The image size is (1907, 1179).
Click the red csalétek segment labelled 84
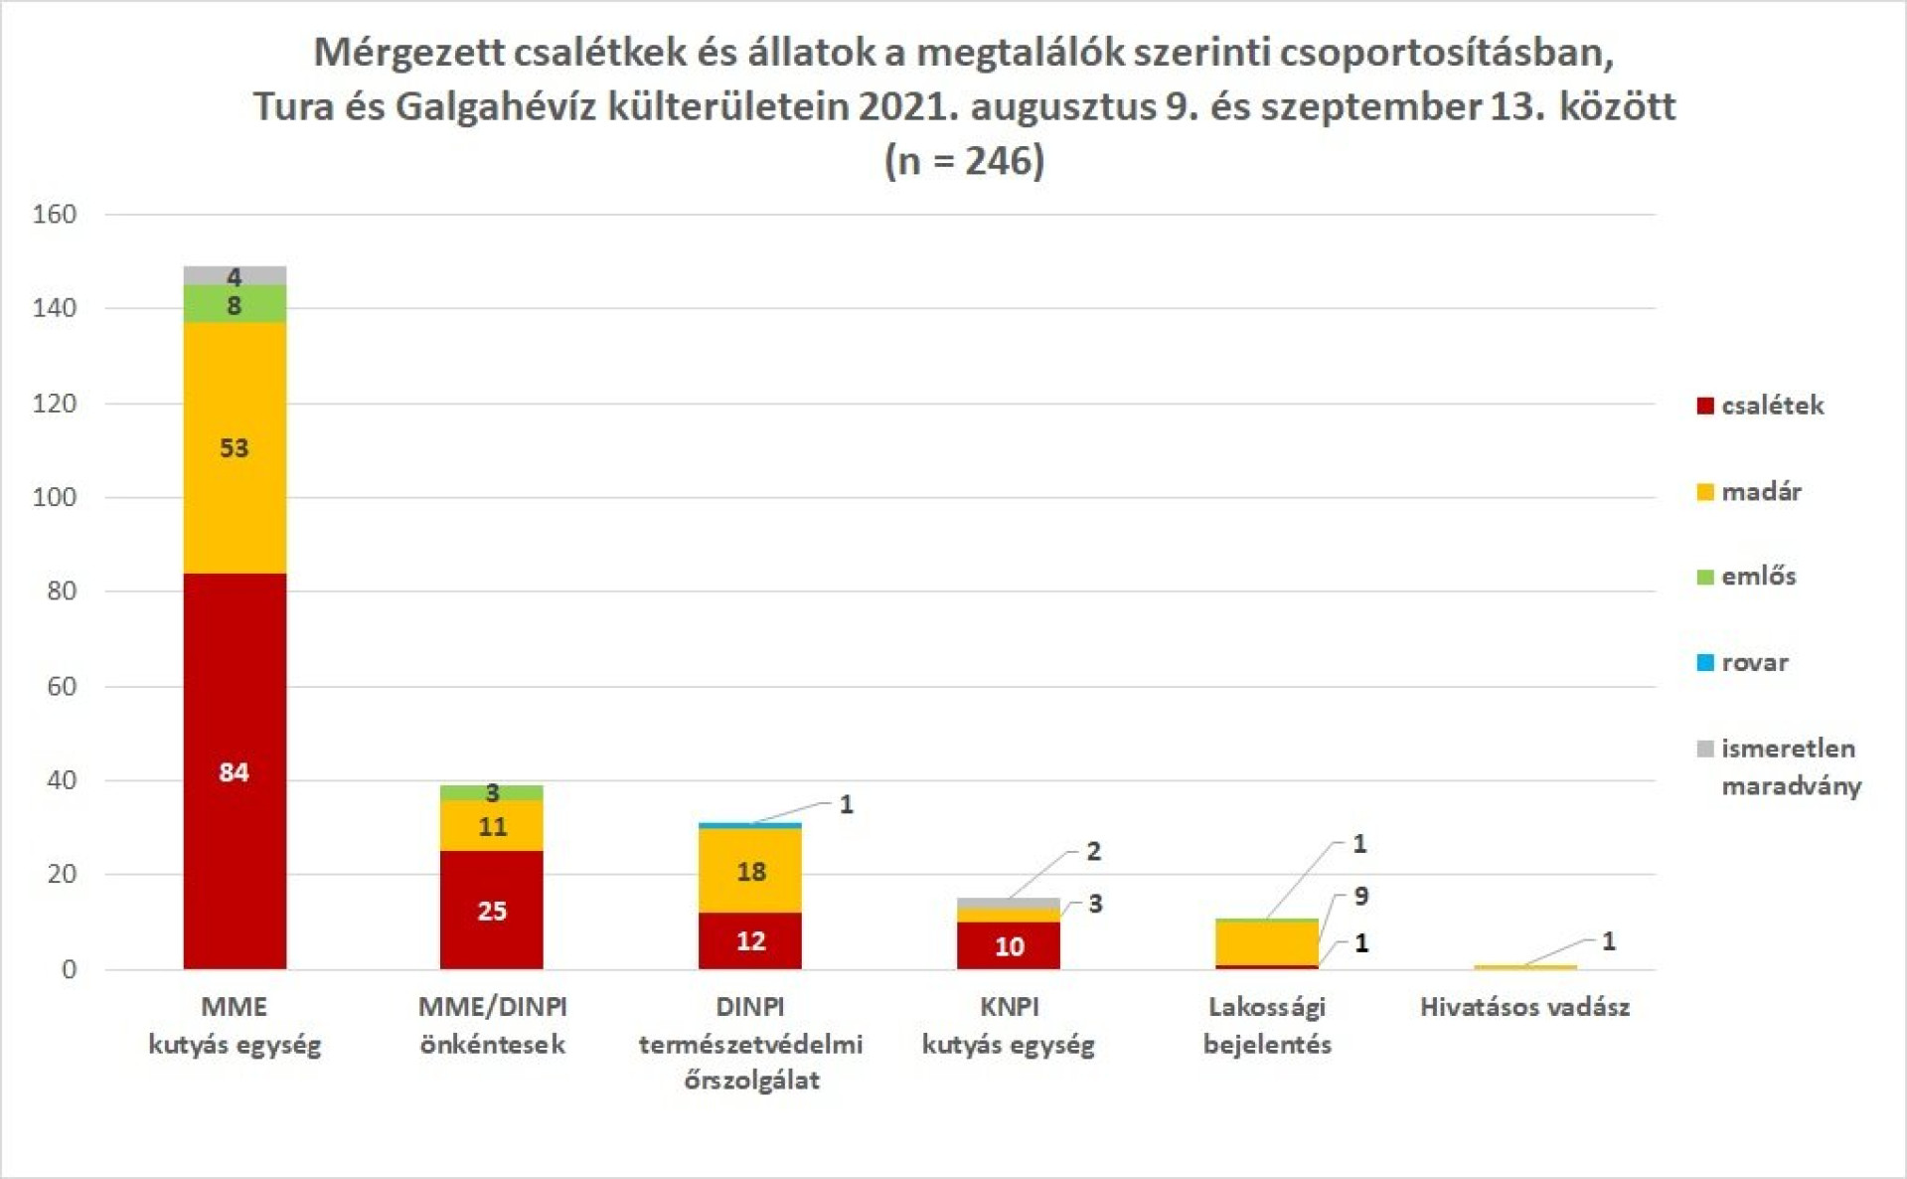pos(235,771)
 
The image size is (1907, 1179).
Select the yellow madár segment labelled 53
pos(235,447)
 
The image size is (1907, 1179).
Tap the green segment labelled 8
pos(235,304)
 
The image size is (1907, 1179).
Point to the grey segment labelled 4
pos(235,275)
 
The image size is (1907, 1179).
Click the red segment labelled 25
pos(492,910)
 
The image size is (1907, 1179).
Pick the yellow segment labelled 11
pos(492,826)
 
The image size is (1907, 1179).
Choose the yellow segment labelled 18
pos(750,871)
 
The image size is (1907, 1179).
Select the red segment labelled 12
pos(750,940)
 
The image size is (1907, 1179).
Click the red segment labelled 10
pos(1009,945)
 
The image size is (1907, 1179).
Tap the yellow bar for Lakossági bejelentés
pos(1267,942)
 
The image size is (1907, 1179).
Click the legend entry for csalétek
pos(1760,406)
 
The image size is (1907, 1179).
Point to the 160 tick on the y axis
pos(55,214)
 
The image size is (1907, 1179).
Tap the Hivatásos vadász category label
pos(1524,1007)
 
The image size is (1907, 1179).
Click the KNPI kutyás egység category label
pos(1009,1025)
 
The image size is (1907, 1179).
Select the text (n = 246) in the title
pos(964,160)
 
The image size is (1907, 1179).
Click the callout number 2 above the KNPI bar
pos(1093,851)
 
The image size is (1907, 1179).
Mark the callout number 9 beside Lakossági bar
pos(1360,896)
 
